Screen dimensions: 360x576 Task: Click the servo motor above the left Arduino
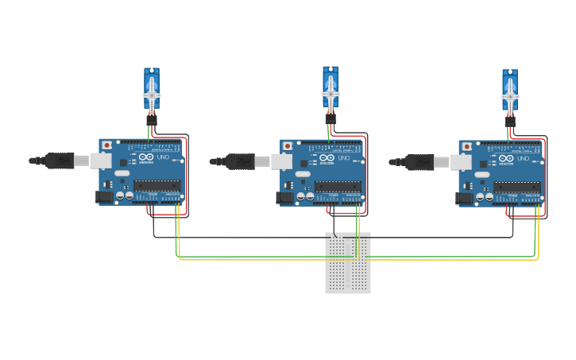[152, 90]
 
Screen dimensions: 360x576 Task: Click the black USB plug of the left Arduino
[60, 161]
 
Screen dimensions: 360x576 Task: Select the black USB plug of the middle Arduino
[240, 161]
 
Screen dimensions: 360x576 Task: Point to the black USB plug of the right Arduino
[419, 161]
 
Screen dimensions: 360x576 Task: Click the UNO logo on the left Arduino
[164, 158]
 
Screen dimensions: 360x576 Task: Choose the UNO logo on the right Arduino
[524, 159]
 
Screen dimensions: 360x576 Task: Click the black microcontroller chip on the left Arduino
[157, 186]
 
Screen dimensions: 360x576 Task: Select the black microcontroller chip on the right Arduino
[516, 187]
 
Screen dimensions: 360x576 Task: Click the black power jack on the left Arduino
[103, 196]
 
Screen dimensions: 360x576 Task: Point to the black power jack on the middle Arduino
[284, 197]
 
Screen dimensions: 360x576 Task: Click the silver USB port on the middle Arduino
[280, 161]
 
